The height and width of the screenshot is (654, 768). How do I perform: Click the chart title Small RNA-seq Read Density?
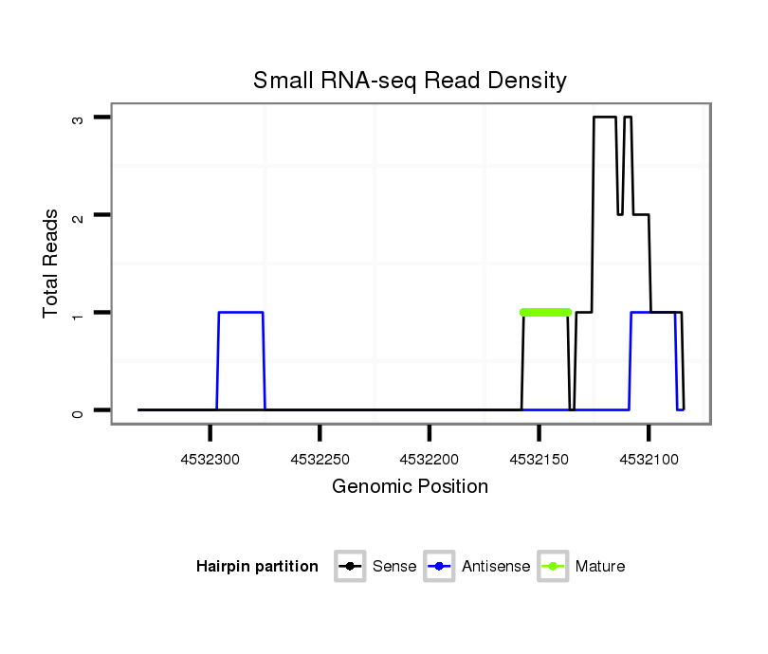[x=410, y=81]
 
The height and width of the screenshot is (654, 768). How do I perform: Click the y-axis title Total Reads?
[x=51, y=263]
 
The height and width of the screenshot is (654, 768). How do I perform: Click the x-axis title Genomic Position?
[x=410, y=487]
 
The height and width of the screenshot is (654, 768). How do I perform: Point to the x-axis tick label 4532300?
[x=210, y=459]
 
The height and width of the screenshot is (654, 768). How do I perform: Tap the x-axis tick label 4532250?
[x=320, y=459]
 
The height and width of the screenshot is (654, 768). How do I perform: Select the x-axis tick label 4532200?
[x=430, y=459]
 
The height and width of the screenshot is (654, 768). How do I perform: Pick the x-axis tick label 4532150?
[x=539, y=459]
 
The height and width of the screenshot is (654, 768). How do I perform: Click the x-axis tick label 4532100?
[x=649, y=459]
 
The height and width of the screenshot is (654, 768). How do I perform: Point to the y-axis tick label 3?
[x=80, y=118]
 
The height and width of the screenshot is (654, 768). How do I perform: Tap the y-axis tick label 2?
[x=80, y=215]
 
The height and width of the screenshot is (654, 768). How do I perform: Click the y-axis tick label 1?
[x=80, y=313]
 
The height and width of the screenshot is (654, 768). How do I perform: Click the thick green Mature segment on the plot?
[x=546, y=312]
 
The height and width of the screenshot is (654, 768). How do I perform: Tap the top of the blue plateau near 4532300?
[x=241, y=312]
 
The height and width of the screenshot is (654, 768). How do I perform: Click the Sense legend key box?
[x=350, y=567]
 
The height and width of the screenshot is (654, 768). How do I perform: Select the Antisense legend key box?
[x=440, y=567]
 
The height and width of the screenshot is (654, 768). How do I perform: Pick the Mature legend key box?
[x=553, y=567]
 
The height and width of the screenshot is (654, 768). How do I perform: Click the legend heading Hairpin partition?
[x=257, y=567]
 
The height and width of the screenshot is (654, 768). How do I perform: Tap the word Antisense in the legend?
[x=496, y=567]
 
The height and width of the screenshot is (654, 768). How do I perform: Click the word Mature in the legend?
[x=599, y=567]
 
